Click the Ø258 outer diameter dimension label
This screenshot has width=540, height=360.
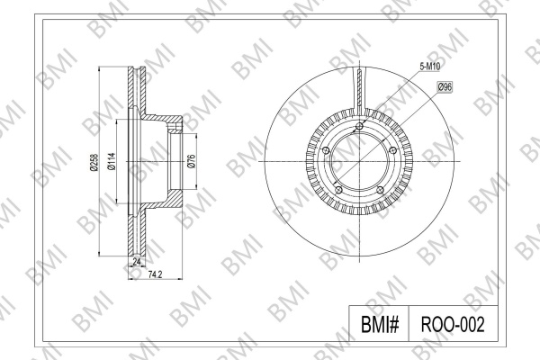[94, 162]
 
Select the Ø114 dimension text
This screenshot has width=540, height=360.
[112, 162]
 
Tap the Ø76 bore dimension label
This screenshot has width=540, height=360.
[191, 161]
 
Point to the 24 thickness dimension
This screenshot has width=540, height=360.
[137, 262]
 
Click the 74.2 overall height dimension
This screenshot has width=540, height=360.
[155, 274]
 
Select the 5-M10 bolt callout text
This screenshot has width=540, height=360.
[430, 67]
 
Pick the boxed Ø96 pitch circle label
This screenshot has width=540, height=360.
[445, 87]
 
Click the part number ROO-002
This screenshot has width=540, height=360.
[453, 324]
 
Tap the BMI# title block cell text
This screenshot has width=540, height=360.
[380, 324]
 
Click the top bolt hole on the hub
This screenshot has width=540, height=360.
[359, 126]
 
